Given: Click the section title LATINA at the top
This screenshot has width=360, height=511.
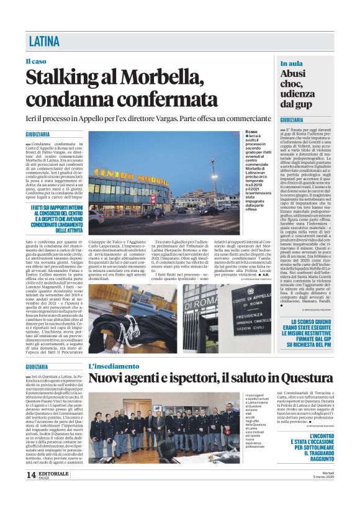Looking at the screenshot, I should click(x=45, y=42).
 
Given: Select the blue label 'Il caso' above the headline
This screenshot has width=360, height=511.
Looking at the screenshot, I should click(x=35, y=61).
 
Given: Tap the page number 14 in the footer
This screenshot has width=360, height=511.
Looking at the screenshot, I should click(x=31, y=492).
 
